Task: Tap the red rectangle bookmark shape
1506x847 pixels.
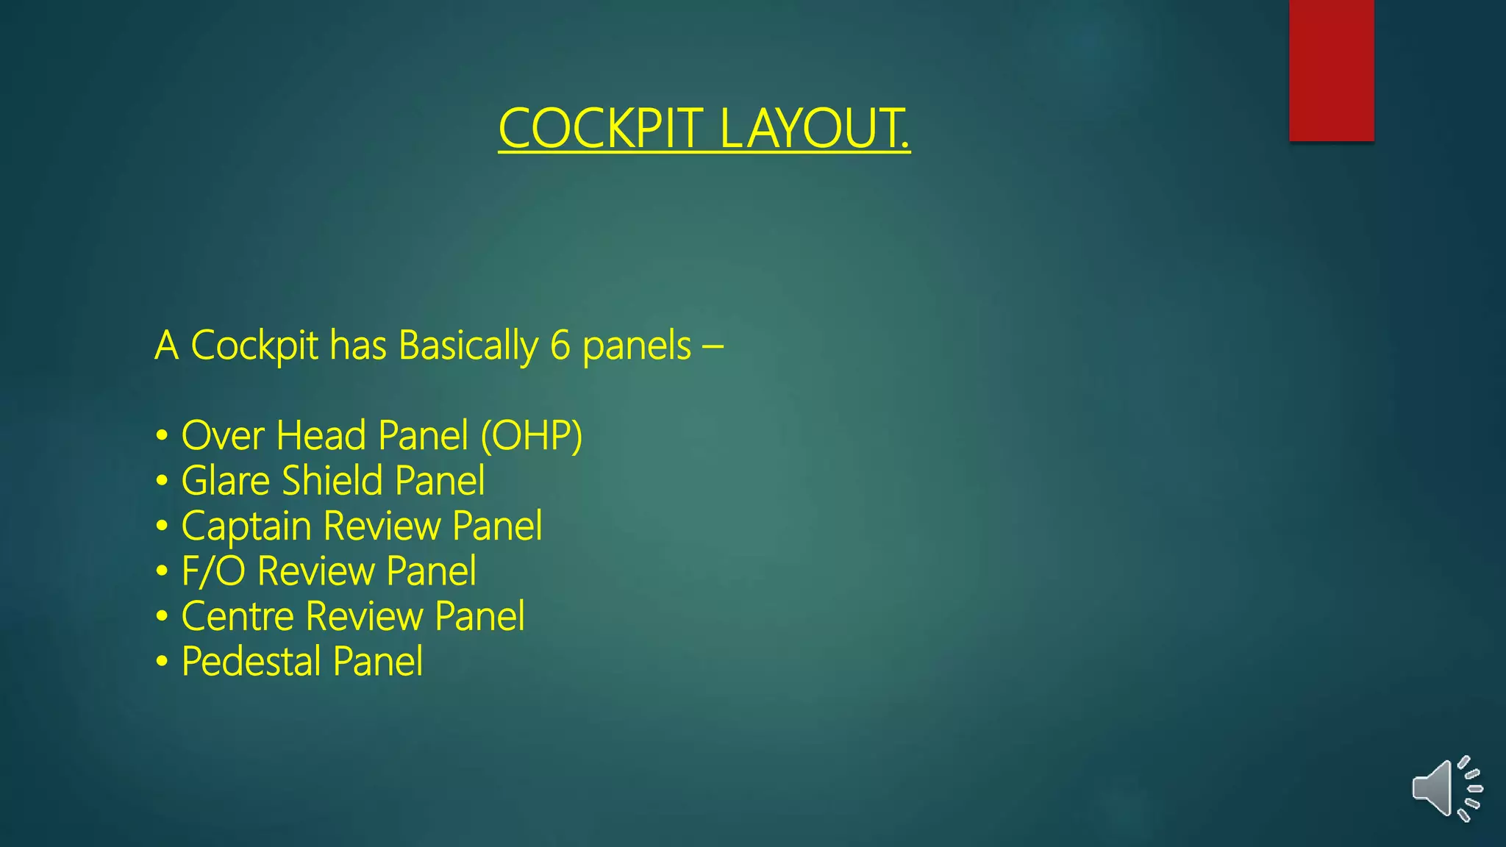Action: point(1331,70)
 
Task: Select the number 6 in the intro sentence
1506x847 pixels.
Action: point(560,346)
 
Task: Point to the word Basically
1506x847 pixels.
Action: point(468,346)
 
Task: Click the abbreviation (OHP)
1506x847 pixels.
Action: point(531,435)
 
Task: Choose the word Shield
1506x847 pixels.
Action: point(332,481)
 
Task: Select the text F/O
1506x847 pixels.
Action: point(213,571)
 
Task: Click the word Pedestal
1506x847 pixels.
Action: point(251,662)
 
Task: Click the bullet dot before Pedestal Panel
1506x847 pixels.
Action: point(162,662)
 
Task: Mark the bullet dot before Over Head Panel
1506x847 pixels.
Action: point(162,435)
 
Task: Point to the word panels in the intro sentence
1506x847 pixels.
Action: point(637,346)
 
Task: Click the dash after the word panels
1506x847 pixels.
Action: point(713,346)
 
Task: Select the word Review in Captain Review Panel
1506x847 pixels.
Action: point(382,526)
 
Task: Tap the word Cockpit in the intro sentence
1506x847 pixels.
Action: point(254,346)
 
